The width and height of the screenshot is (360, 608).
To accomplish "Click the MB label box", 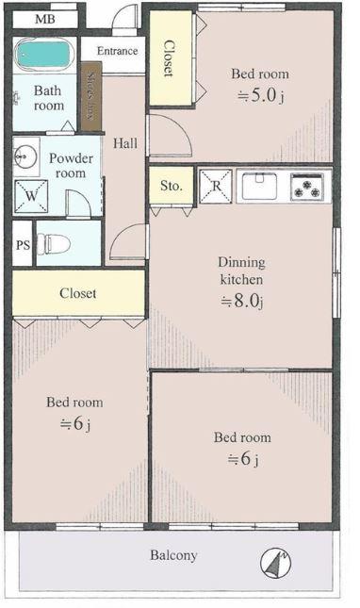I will [x=44, y=19].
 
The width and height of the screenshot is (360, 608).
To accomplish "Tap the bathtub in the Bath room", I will [x=44, y=54].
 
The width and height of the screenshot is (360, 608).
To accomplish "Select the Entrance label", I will [x=117, y=51].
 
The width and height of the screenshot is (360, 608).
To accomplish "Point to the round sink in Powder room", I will [x=25, y=156].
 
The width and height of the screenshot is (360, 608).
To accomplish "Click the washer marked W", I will [x=30, y=196].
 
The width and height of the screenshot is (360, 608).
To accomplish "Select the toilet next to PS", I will [x=56, y=244].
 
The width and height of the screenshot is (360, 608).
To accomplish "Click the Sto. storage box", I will [x=171, y=186].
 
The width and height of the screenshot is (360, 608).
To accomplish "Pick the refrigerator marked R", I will [x=216, y=186].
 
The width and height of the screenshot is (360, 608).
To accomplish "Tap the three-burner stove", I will [x=306, y=186].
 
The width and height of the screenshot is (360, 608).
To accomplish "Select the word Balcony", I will [x=173, y=555].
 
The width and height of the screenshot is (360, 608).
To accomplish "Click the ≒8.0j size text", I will [x=241, y=302].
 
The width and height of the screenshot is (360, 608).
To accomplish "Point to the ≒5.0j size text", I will [x=260, y=95].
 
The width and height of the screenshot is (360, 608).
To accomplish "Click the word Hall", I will [x=124, y=144].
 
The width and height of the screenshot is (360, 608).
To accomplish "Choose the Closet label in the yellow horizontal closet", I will [x=78, y=293].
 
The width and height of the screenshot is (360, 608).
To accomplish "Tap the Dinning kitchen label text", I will [x=241, y=271].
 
